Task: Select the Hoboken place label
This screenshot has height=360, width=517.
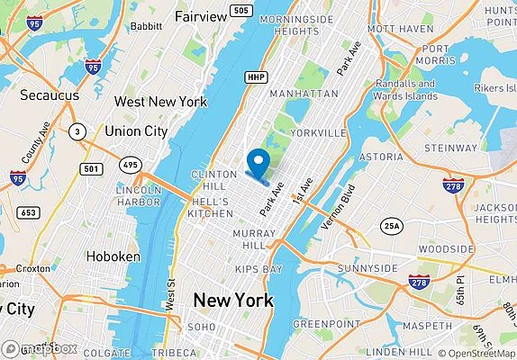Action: [x=113, y=256]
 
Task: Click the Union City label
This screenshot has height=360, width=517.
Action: [x=136, y=131]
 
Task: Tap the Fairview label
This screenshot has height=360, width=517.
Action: [x=201, y=17]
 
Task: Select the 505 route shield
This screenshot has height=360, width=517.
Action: [x=240, y=11]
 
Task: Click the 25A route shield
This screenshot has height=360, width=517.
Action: [x=390, y=225]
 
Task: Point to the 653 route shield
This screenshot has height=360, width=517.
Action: [x=29, y=212]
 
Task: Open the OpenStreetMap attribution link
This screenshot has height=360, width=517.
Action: [x=477, y=353]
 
